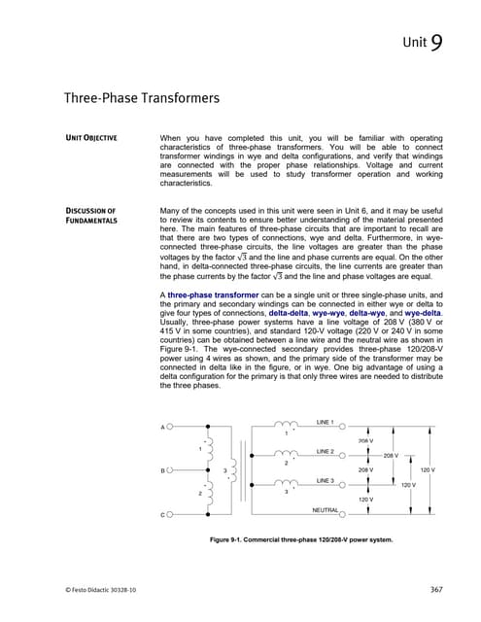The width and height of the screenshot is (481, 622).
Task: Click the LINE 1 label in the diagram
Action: [x=325, y=423]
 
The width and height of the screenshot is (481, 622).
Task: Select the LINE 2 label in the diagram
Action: [x=325, y=452]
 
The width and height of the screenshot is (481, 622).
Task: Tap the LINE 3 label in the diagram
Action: [x=325, y=481]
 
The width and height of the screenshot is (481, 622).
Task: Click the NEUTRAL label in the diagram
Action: [x=325, y=509]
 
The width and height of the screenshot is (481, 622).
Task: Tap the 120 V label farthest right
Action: [x=426, y=470]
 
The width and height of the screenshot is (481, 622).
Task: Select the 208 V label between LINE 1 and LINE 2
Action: [x=366, y=440]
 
